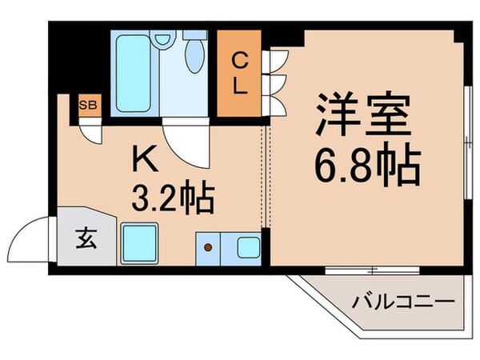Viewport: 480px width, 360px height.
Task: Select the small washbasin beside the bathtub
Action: point(162,39)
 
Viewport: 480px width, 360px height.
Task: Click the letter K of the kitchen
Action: point(144,159)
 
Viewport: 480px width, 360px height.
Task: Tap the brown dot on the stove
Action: point(208,247)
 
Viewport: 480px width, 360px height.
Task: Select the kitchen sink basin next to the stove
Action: point(249,246)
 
